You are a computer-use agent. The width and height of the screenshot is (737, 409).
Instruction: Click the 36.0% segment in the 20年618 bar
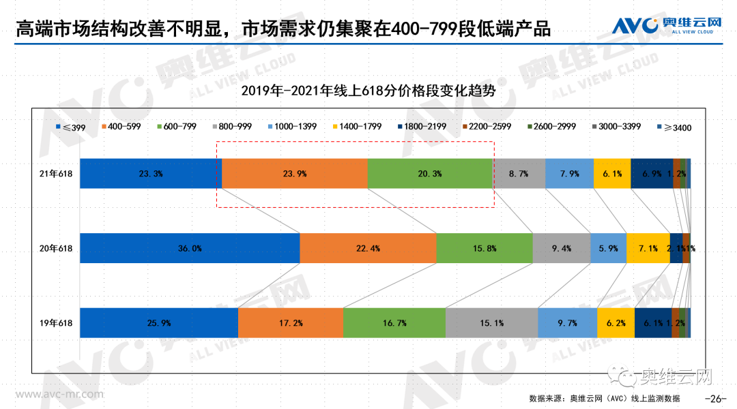[x=190, y=248]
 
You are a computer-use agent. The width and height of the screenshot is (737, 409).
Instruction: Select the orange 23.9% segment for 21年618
[x=294, y=173]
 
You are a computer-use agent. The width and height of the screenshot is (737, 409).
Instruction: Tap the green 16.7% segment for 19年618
[x=394, y=322]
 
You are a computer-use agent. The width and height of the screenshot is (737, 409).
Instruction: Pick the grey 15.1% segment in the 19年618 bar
[x=491, y=322]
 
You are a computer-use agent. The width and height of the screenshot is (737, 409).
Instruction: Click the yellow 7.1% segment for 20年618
[x=648, y=248]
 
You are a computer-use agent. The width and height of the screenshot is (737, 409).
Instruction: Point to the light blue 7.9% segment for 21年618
[x=568, y=173]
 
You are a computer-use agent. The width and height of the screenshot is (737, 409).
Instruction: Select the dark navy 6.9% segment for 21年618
[x=651, y=173]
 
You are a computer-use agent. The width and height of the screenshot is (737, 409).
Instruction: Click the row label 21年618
[x=56, y=173]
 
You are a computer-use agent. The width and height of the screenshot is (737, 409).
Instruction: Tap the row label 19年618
[x=56, y=322]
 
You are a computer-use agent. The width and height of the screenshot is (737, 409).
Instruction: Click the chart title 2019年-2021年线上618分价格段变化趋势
[x=368, y=90]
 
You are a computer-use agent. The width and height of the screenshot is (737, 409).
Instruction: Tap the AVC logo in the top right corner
[x=665, y=26]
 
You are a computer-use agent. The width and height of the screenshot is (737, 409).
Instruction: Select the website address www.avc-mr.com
[x=60, y=394]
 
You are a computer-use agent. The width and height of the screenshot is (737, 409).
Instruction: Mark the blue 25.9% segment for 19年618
[x=158, y=322]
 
